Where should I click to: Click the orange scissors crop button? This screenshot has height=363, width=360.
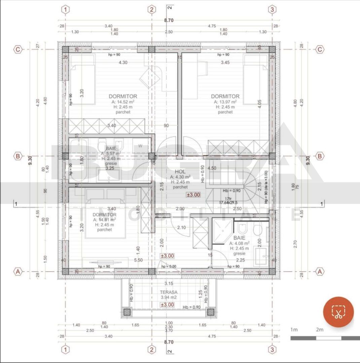pyautogui.click(x=338, y=312)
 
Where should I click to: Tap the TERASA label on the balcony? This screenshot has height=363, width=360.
pyautogui.click(x=169, y=292)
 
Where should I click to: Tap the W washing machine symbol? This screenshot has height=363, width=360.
pyautogui.click(x=140, y=146)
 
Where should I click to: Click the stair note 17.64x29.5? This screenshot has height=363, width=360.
pyautogui.click(x=228, y=202)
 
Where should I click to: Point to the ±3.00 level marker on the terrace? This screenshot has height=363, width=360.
pyautogui.click(x=167, y=305)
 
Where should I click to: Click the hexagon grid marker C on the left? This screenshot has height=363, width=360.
pyautogui.click(x=18, y=49)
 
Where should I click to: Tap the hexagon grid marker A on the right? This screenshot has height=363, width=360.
pyautogui.click(x=320, y=271)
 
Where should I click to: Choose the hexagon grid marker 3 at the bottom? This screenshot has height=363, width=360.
pyautogui.click(x=272, y=350)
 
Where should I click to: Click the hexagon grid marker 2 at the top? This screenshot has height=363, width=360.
pyautogui.click(x=152, y=9)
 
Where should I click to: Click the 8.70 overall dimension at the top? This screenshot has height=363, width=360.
pyautogui.click(x=169, y=21)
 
